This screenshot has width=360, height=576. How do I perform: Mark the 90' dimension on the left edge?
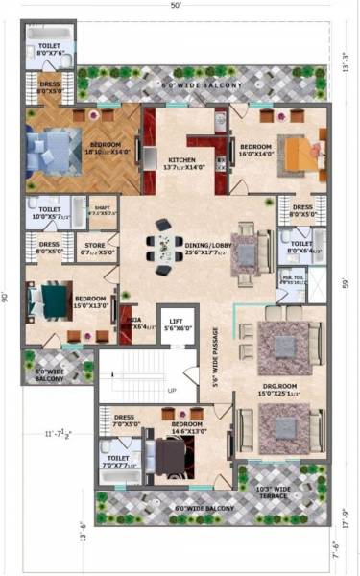[x=7, y=296]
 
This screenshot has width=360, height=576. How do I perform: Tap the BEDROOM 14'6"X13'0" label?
[x=186, y=427]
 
